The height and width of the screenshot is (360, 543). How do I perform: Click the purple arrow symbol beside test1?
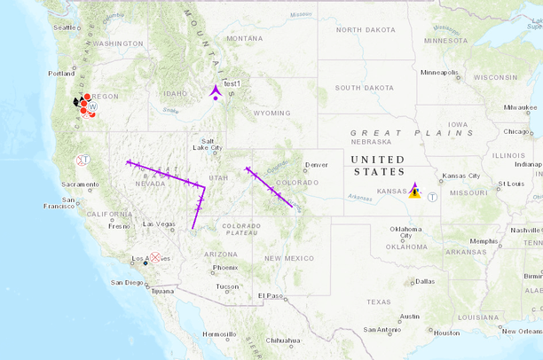coord(216,91)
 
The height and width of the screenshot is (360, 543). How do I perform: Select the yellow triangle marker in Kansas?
coord(414,191)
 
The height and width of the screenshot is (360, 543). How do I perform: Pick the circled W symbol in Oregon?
coord(92,105)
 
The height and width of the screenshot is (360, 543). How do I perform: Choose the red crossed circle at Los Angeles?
coord(155,257)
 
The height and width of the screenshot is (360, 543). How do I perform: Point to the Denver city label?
coord(316,165)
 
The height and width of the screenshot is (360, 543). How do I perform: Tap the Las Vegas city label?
coord(159,223)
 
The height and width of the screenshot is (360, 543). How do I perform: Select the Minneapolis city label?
coord(438,72)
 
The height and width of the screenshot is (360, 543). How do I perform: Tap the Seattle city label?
coord(66,27)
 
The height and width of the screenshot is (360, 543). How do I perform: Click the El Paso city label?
coord(270,295)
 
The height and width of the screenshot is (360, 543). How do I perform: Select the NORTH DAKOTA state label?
coord(366,30)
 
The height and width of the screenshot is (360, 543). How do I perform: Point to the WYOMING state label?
coord(271,113)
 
